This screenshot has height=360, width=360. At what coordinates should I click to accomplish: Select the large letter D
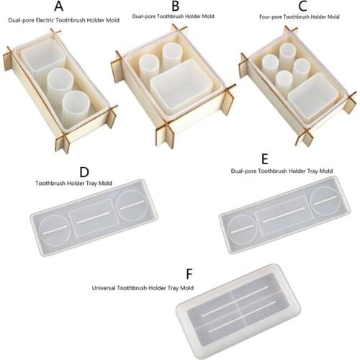point(84,173)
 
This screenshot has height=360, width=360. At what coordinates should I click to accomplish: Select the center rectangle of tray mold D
point(91,217)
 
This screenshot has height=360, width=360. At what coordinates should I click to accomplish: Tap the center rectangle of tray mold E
point(284,217)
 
